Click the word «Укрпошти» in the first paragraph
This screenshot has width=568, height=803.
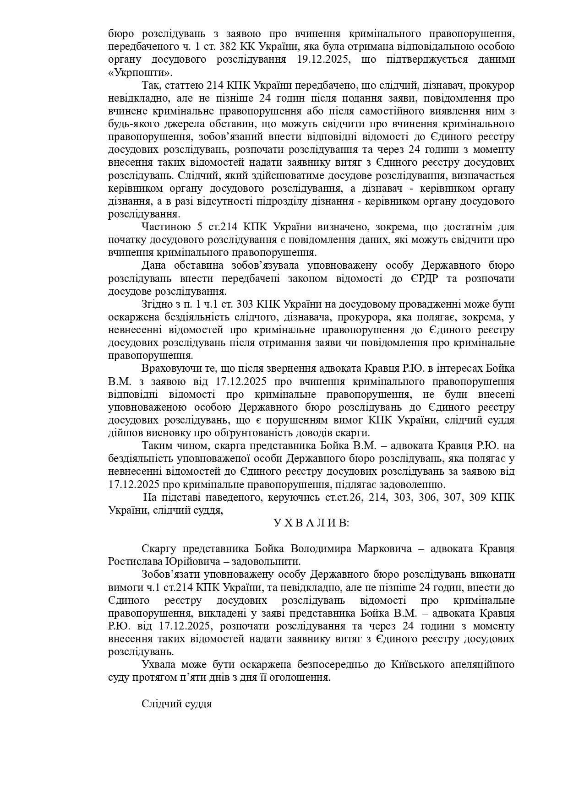point(140,72)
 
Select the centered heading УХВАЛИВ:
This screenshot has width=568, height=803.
point(311,523)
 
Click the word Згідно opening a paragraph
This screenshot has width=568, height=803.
point(157,304)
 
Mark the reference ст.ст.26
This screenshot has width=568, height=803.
point(345,497)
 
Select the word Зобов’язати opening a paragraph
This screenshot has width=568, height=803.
point(169,575)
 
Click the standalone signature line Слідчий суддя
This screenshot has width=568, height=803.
point(176,704)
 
